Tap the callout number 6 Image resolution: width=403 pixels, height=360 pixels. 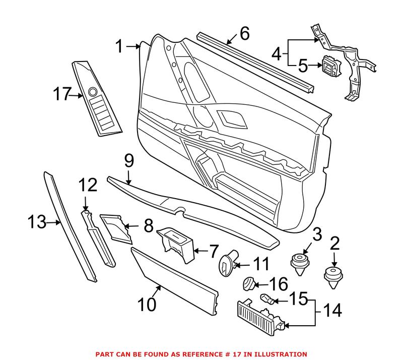coord(244,34)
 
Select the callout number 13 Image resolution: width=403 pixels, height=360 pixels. coord(37,221)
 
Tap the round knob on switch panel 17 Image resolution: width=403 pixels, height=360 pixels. coord(92,92)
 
